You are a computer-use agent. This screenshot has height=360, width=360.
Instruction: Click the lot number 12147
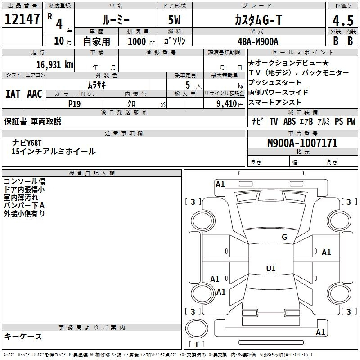(22, 19)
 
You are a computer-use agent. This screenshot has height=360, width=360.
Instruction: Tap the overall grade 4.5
(343, 20)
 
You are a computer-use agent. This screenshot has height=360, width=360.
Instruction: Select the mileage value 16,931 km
(54, 65)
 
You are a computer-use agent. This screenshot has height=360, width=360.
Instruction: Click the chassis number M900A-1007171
(302, 143)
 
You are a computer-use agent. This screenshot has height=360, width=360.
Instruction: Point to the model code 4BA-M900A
(258, 41)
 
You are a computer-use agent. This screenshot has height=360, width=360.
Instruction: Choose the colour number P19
(74, 104)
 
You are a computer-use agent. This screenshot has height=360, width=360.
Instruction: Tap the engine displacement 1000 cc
(141, 41)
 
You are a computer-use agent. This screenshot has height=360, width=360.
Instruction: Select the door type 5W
(174, 20)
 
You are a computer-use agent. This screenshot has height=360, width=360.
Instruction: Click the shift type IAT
(13, 94)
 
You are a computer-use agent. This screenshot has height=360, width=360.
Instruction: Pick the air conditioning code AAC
(35, 94)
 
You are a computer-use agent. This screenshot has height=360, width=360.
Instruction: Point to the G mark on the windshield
(284, 237)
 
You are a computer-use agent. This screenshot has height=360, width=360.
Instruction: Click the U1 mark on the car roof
(271, 268)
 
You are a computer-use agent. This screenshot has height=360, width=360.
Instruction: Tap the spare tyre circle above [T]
(197, 328)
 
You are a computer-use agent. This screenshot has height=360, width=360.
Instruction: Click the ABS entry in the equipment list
(289, 121)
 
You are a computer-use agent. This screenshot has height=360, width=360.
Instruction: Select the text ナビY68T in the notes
(27, 143)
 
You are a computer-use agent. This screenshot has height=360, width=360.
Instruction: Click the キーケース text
(23, 337)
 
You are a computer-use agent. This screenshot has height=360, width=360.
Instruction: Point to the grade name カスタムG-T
(258, 20)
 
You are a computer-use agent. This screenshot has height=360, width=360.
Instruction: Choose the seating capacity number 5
(188, 85)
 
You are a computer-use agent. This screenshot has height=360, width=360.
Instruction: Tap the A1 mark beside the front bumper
(220, 184)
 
